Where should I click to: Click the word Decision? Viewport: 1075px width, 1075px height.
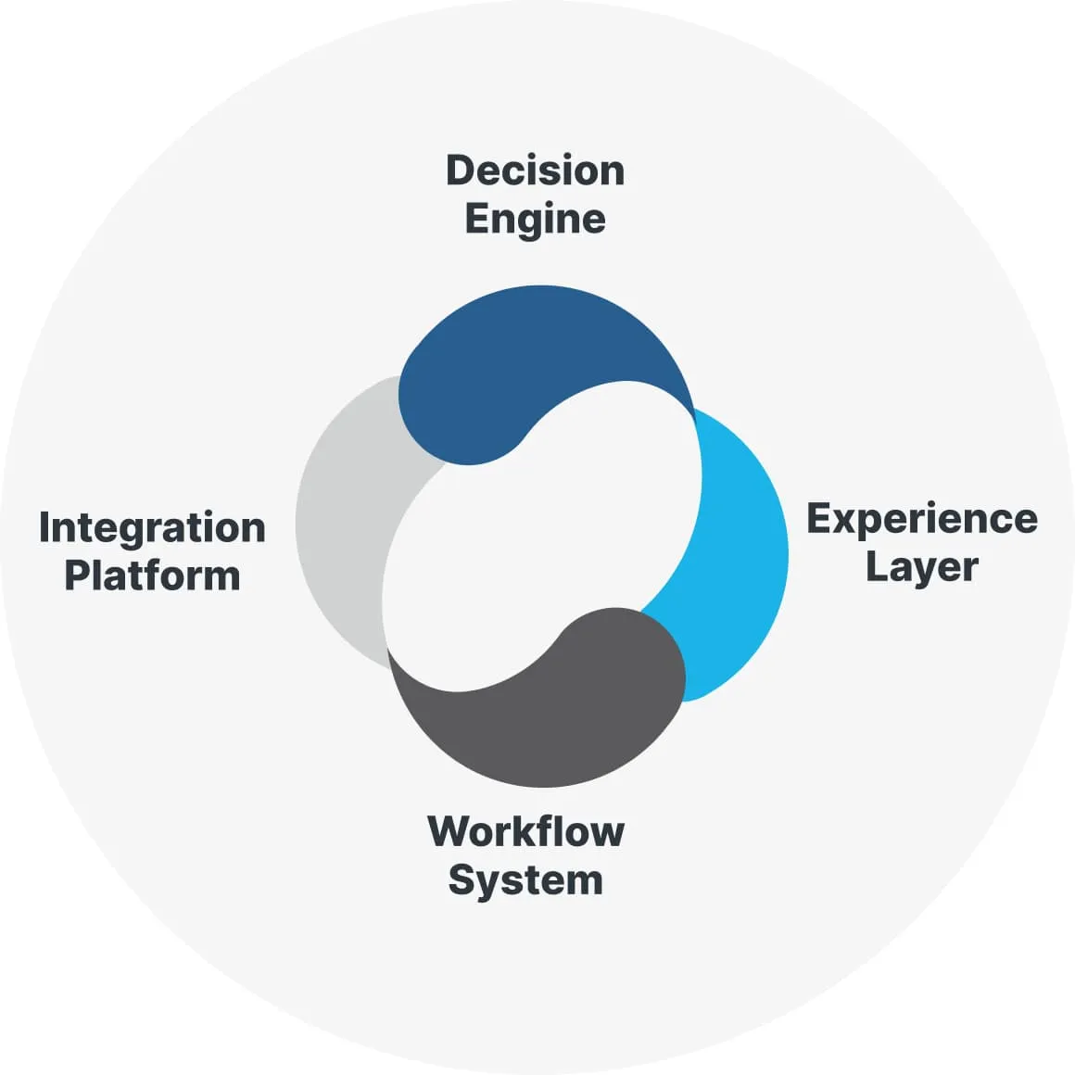point(535,171)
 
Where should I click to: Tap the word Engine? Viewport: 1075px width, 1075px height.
point(535,220)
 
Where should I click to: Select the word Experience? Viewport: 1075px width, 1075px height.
point(921,519)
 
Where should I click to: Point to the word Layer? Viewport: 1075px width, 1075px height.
point(921,567)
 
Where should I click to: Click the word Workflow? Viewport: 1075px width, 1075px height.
point(525,831)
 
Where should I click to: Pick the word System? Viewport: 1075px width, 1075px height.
point(525,879)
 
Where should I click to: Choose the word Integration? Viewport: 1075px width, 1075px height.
point(152,527)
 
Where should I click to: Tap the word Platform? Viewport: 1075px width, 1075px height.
point(152,575)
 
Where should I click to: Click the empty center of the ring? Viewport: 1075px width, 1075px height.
point(542,537)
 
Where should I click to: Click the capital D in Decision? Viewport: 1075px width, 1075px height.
point(461,171)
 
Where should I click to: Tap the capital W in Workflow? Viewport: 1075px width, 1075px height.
point(449,831)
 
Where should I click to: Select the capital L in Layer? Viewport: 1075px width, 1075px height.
point(876,566)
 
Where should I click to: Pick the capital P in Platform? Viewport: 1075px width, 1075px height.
point(77,575)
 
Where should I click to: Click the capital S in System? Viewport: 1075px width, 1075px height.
point(462,879)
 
